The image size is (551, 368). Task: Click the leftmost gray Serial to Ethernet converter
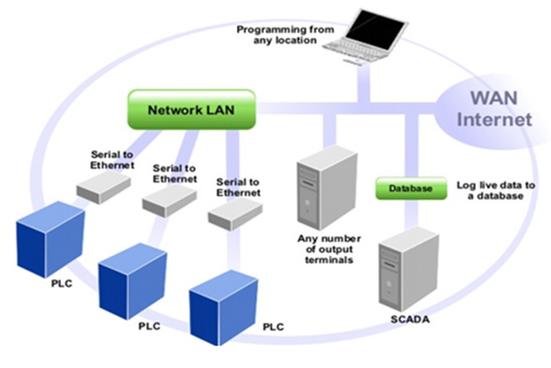pos(102,188)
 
